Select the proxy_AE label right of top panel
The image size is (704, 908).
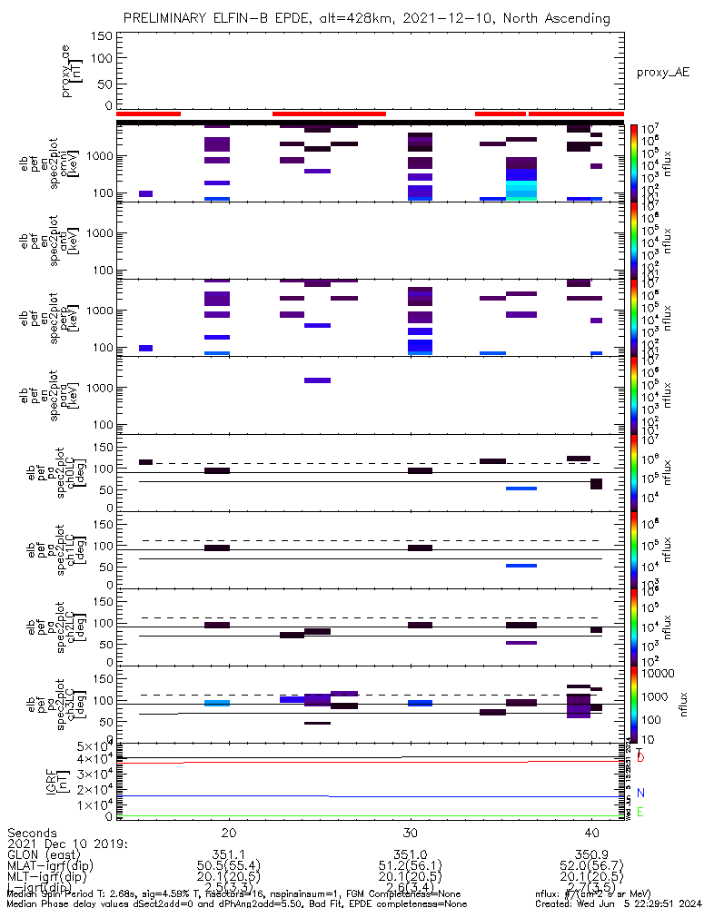[662, 71]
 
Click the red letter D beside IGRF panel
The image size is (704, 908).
[640, 756]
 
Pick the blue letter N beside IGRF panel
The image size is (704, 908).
[640, 793]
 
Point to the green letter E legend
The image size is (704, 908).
[640, 812]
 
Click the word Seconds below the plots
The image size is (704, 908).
[32, 833]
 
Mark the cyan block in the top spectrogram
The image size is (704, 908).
[521, 189]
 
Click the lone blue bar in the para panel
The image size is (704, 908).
[318, 380]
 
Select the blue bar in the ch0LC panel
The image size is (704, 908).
[521, 489]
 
